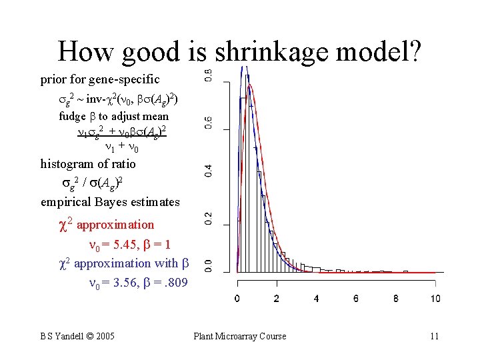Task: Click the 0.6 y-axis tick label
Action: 208,123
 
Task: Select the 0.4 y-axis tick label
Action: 208,170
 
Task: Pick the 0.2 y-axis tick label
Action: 208,218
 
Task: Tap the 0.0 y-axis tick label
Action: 208,265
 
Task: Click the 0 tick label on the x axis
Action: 237,298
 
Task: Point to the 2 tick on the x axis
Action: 277,298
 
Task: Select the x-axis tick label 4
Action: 317,298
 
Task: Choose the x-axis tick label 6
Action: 356,298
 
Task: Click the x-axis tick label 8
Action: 396,298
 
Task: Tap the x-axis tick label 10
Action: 435,298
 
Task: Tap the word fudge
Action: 72,117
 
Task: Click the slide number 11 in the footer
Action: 434,336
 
